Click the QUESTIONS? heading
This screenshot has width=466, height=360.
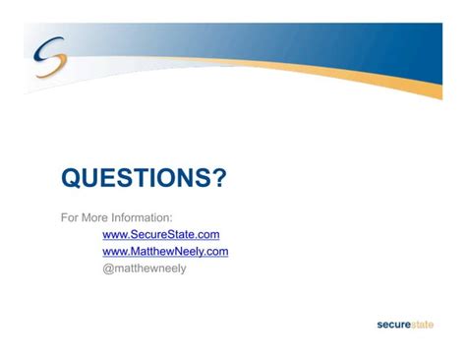(144, 178)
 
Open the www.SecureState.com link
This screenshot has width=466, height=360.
(161, 234)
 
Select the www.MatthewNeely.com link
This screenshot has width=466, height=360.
(165, 252)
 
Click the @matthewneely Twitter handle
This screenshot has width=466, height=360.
(145, 269)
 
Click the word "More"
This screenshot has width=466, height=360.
(94, 217)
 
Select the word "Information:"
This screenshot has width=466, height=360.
(142, 217)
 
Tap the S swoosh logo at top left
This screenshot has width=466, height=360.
(50, 56)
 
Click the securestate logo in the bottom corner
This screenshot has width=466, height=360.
(405, 325)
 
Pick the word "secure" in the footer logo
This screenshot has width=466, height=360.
(393, 325)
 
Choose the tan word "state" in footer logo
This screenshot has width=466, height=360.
(422, 325)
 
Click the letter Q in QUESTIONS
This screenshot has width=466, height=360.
(71, 178)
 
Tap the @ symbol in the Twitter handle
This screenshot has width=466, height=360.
(108, 269)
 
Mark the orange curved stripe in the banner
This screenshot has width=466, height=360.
(327, 72)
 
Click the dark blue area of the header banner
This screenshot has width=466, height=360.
(377, 46)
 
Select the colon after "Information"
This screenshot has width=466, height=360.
(170, 218)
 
